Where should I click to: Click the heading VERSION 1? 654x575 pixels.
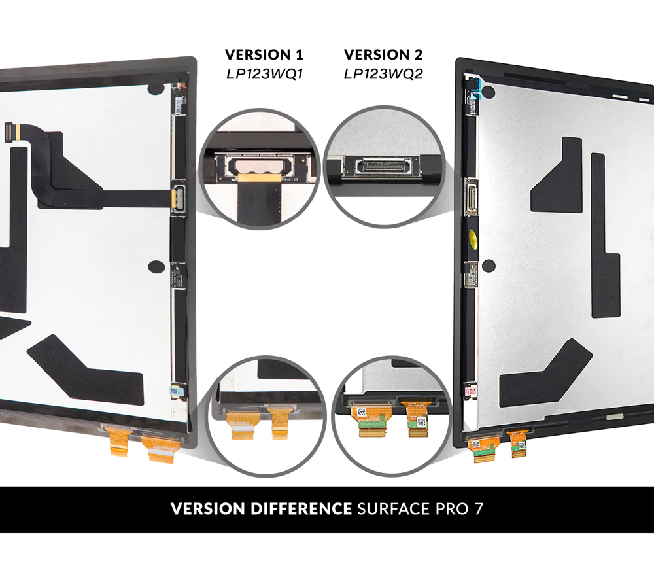coord(264,54)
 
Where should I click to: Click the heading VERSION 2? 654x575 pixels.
coord(383,54)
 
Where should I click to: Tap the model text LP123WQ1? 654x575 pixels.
coord(264,73)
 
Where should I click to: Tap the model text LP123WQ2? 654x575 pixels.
coord(383,73)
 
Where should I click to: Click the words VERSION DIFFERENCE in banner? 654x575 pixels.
coord(261,509)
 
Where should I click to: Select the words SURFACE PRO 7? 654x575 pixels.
coord(419,509)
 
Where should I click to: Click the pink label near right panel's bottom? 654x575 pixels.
coord(469,391)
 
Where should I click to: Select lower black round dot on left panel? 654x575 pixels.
coord(156,266)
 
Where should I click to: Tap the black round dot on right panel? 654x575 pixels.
coord(488,266)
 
